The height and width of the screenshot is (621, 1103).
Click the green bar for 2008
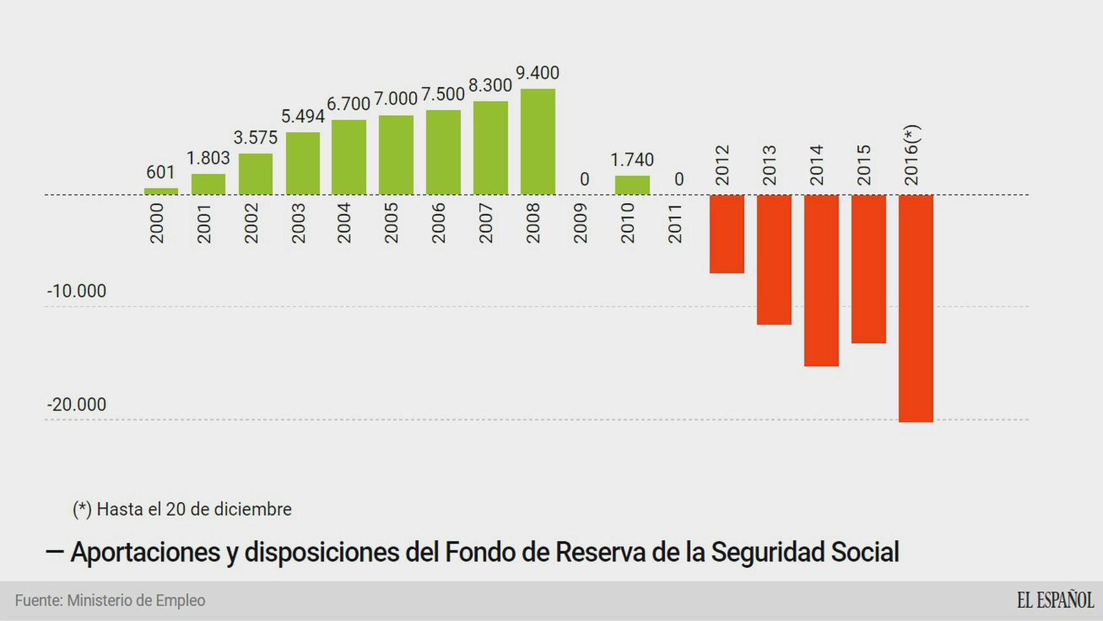pyautogui.click(x=537, y=142)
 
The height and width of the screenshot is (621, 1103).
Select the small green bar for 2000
pyautogui.click(x=161, y=191)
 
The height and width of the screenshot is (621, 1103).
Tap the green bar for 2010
pyautogui.click(x=632, y=185)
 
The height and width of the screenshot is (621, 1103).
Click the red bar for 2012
pyautogui.click(x=727, y=234)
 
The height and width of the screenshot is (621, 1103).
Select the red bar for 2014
pyautogui.click(x=821, y=280)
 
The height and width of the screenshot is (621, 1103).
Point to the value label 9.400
pyautogui.click(x=537, y=73)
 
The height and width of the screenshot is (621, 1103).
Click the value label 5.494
pyautogui.click(x=303, y=116)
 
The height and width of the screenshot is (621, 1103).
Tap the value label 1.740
pyautogui.click(x=632, y=160)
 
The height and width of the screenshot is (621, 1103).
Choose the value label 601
pyautogui.click(x=160, y=173)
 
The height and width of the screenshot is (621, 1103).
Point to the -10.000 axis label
pyautogui.click(x=76, y=291)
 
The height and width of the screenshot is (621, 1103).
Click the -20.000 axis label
pyautogui.click(x=76, y=405)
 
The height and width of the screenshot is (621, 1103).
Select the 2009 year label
pyautogui.click(x=580, y=223)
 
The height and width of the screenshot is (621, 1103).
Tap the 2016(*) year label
pyautogui.click(x=912, y=155)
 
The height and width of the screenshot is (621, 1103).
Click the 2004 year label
pyautogui.click(x=343, y=223)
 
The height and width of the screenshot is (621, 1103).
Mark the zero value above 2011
pyautogui.click(x=679, y=179)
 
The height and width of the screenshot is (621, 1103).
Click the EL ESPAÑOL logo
pyautogui.click(x=1055, y=600)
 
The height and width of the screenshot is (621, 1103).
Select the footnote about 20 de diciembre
pyautogui.click(x=182, y=510)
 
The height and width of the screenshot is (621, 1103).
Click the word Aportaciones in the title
pyautogui.click(x=145, y=552)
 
